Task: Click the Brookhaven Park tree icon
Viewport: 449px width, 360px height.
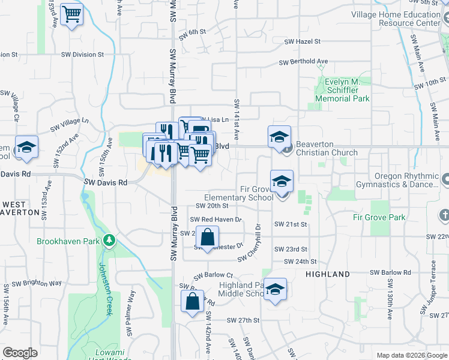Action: [109, 241]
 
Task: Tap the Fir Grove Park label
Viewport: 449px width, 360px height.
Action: [379, 218]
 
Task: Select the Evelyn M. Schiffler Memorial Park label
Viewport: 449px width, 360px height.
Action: [343, 90]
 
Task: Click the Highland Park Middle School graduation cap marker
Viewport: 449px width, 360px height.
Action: [276, 289]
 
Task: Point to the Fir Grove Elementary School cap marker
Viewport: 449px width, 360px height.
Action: [282, 181]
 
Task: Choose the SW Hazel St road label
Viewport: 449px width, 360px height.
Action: [303, 42]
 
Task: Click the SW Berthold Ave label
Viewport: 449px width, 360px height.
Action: [303, 62]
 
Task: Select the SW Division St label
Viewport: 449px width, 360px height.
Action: [82, 55]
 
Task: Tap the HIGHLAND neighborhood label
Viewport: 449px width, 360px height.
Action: [328, 274]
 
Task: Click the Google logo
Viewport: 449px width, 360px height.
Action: [20, 353]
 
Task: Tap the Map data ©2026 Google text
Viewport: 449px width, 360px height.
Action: [411, 355]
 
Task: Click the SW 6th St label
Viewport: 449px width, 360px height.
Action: [193, 32]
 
